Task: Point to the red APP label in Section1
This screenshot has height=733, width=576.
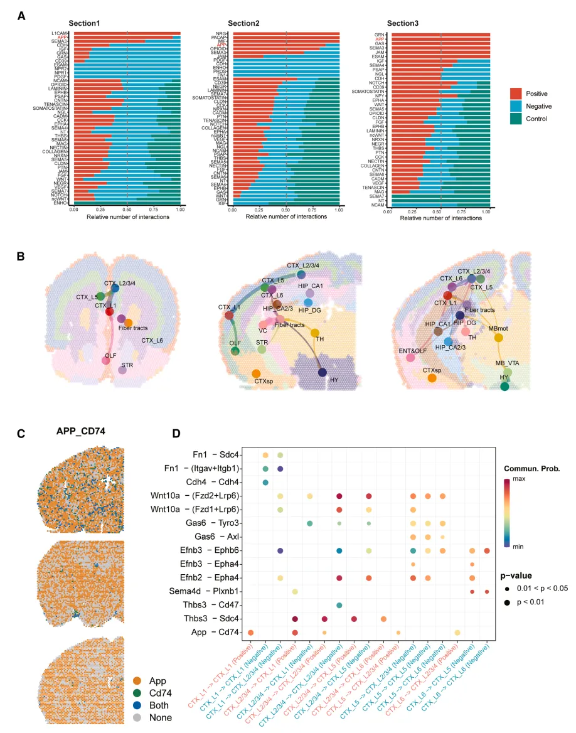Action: [x=62, y=38]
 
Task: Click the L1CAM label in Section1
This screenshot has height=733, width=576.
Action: [x=60, y=33]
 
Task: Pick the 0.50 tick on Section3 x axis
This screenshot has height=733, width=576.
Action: [x=440, y=212]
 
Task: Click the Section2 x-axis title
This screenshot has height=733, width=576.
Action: [x=285, y=217]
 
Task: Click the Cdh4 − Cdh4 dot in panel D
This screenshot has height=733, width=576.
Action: [x=265, y=482]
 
